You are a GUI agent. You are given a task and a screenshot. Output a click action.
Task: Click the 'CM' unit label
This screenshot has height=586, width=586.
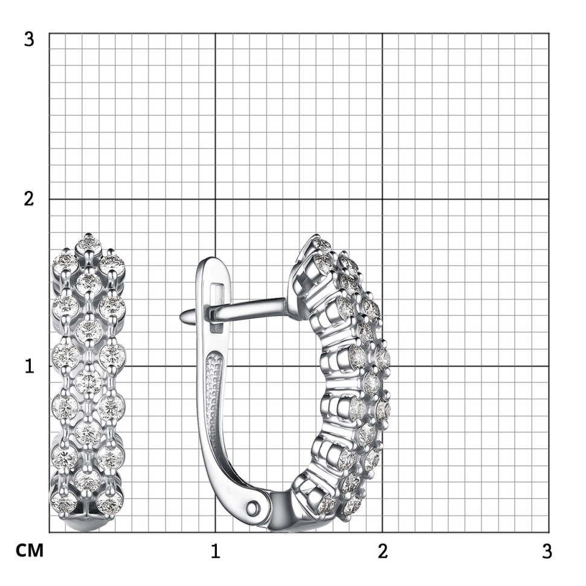coord(30,550)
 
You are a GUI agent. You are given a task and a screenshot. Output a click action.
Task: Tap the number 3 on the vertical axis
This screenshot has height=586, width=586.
coord(29,39)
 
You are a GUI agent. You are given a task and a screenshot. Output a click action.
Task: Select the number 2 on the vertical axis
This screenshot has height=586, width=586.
coord(29,199)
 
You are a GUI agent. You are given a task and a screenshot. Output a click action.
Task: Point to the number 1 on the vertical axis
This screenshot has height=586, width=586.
coord(30,366)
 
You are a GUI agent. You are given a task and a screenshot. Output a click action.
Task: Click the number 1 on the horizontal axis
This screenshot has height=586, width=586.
coord(215,551)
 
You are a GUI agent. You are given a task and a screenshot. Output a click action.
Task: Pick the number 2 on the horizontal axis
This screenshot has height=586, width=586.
coord(382,551)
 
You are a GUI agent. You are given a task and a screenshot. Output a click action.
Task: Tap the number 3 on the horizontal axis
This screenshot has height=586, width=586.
coord(547,551)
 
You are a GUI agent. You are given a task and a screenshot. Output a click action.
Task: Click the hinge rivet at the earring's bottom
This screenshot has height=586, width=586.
coord(254,507)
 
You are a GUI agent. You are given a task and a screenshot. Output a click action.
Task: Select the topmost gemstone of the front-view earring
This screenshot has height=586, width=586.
coord(89,245)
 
